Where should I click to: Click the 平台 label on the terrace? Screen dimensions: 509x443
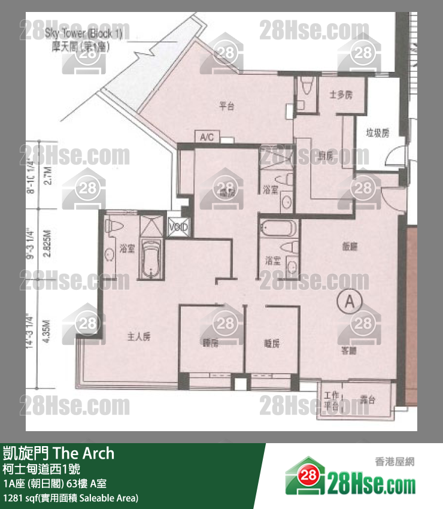[226, 107]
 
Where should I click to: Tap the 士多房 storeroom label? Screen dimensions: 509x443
[341, 95]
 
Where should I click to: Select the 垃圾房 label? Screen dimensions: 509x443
[378, 133]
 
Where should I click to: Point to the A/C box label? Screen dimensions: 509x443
[207, 138]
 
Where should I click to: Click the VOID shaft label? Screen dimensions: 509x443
[178, 228]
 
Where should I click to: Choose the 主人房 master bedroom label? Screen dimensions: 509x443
[138, 337]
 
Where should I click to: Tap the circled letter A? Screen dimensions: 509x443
[348, 301]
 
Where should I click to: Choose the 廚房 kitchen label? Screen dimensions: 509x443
[326, 156]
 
